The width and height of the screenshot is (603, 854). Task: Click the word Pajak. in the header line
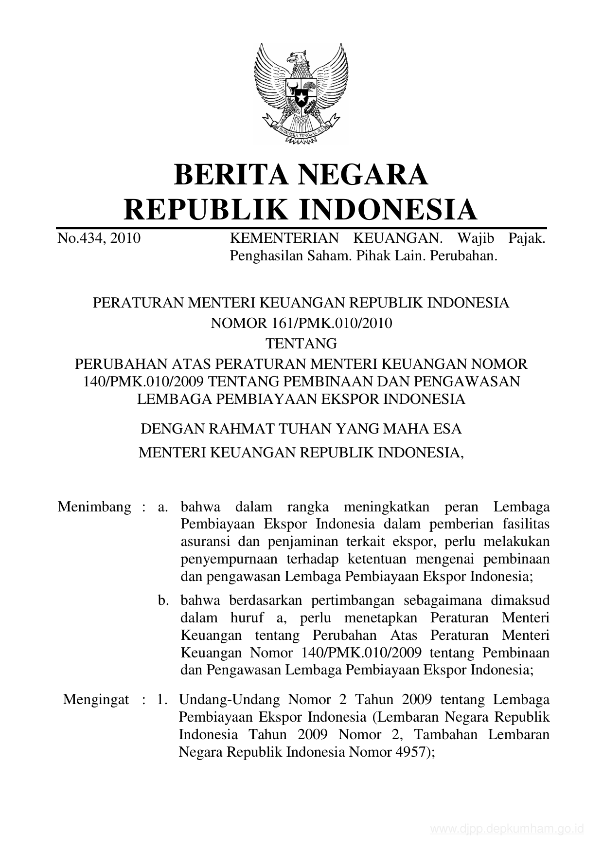pos(527,238)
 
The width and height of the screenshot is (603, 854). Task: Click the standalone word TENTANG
pos(301,344)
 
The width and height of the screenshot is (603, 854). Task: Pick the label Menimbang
pos(94,507)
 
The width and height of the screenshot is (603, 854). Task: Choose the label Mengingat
pos(96,700)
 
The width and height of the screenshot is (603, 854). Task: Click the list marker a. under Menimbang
pos(162,507)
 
